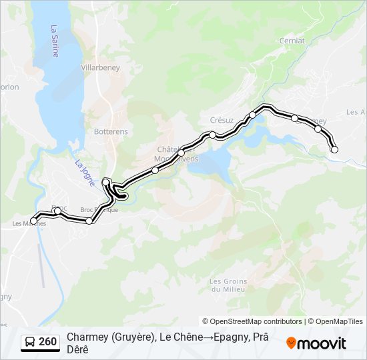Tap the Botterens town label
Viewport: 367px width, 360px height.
tap(111, 131)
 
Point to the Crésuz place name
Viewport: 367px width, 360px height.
tap(222, 120)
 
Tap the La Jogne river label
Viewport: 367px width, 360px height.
tap(85, 173)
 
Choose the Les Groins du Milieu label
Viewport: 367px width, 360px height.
tap(228, 285)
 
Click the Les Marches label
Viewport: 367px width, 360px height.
tap(29, 223)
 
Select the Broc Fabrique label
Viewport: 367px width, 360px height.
tap(99, 209)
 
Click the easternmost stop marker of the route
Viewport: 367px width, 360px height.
tap(334, 149)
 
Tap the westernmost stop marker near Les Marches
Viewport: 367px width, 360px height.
tap(34, 221)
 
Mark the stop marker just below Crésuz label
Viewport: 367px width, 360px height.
tap(212, 135)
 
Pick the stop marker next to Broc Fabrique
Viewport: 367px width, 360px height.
tap(89, 221)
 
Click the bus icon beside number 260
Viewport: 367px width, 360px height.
tap(30, 342)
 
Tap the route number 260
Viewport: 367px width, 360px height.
tap(47, 342)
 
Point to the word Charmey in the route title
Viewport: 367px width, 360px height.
tap(86, 337)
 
